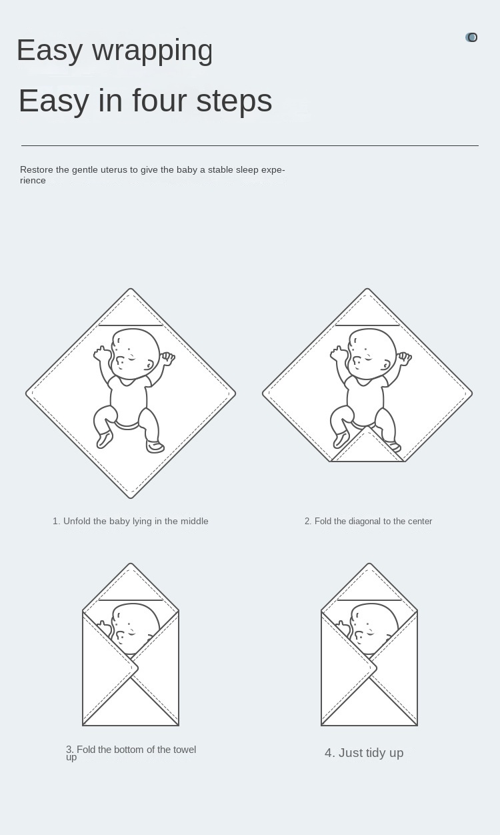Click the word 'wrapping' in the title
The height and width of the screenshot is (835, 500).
point(153,51)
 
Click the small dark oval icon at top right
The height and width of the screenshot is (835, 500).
point(471,37)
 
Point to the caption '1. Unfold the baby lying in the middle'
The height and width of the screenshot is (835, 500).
point(131,521)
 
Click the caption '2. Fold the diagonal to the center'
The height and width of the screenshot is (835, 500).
point(368,521)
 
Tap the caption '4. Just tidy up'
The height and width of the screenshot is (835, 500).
point(364,752)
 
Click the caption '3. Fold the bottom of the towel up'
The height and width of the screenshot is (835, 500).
point(131,752)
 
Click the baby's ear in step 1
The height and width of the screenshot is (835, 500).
point(149,365)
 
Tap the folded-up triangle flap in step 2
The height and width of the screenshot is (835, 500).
point(367,447)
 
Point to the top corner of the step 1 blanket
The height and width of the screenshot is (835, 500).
point(131,289)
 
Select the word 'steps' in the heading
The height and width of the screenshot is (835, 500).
point(235,100)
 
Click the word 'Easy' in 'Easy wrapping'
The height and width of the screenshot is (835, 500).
point(49,50)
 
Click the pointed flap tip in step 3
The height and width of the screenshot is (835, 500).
point(137,668)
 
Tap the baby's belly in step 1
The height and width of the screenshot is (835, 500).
point(129,403)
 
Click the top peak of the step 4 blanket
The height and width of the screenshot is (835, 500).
point(369,564)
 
